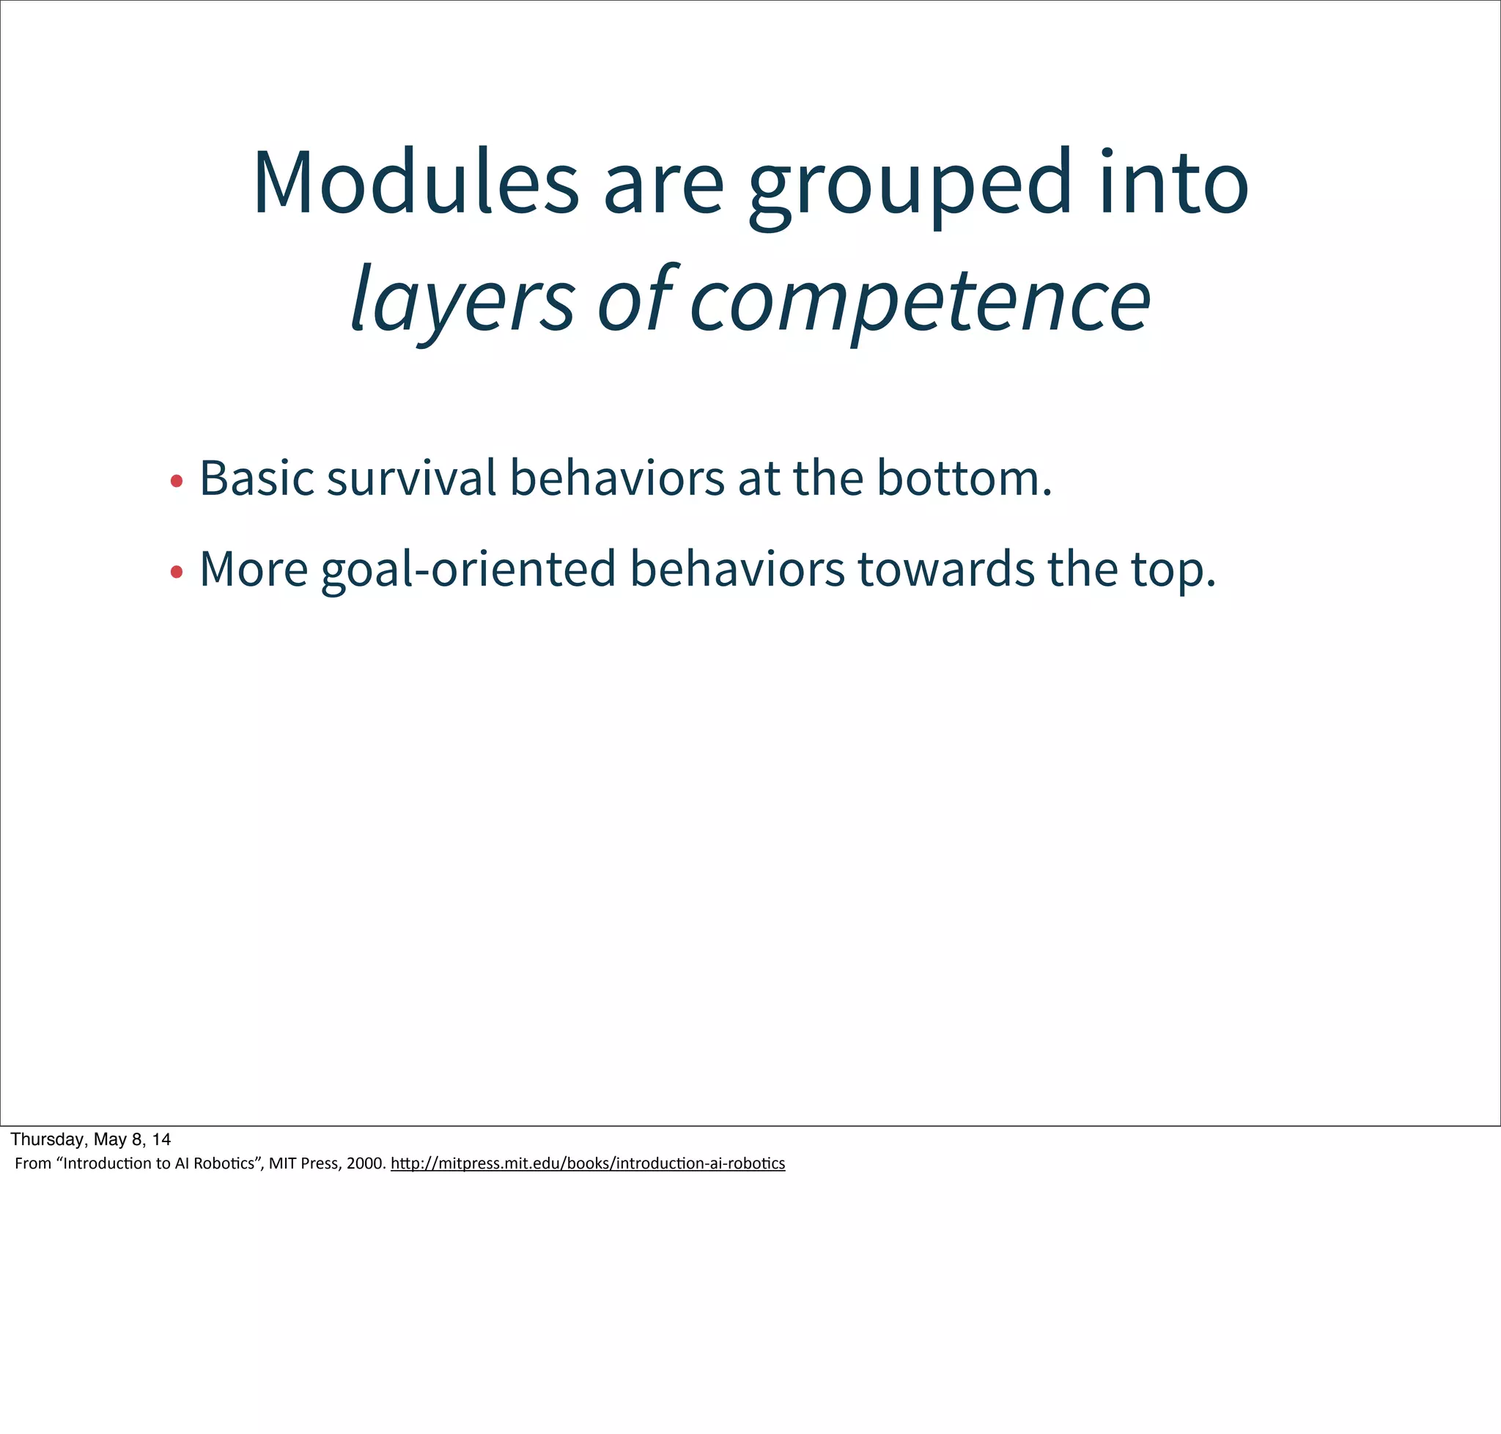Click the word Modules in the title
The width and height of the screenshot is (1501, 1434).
click(x=416, y=183)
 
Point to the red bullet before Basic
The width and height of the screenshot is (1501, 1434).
click(x=177, y=481)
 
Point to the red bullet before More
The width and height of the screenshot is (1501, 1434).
click(x=177, y=572)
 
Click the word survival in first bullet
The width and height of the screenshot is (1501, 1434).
click(x=411, y=479)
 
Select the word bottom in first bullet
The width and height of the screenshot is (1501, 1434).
click(x=963, y=479)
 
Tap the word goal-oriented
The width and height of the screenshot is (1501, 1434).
click(x=468, y=570)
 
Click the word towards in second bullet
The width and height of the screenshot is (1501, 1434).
click(x=945, y=570)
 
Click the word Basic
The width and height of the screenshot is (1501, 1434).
click(x=257, y=479)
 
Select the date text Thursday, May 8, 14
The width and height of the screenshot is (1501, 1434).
click(x=90, y=1139)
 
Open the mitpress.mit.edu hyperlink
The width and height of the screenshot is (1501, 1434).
click(x=587, y=1163)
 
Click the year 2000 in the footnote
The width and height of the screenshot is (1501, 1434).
click(x=365, y=1163)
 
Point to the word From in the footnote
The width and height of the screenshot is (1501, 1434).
click(x=33, y=1163)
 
